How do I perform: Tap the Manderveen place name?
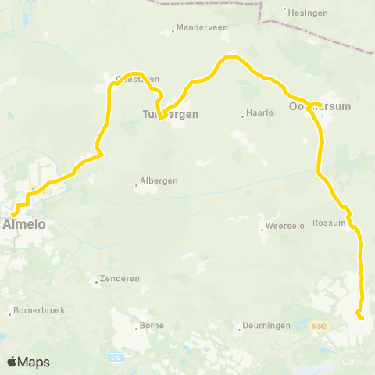(200, 27)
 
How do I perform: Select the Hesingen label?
(305, 13)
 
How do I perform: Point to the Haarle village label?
(259, 113)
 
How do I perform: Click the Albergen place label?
(160, 180)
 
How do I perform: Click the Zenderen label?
(116, 279)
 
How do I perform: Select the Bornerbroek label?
(38, 311)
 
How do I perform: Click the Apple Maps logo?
(28, 362)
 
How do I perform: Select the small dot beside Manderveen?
(173, 32)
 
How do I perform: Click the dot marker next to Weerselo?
(262, 230)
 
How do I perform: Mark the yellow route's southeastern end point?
(360, 317)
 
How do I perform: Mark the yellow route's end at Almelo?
(13, 213)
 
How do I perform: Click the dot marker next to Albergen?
(137, 186)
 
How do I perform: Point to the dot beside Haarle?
(242, 117)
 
